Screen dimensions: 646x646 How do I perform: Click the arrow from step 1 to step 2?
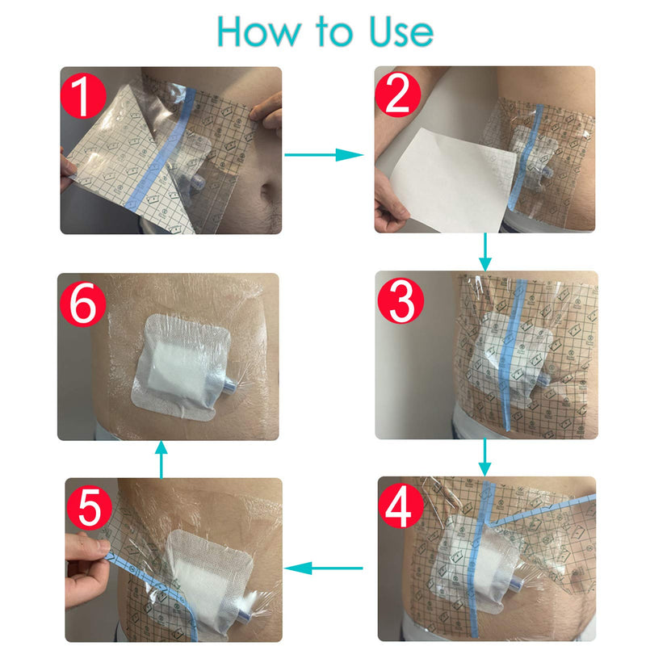tap(326, 153)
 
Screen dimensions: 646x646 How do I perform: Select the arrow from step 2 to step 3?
tap(484, 252)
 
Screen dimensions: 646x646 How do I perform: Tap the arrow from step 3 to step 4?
tap(484, 457)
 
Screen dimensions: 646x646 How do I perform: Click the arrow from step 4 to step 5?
tap(326, 568)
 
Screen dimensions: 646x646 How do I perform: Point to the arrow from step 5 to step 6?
tap(161, 459)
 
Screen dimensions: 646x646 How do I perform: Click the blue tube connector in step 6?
tap(231, 388)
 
